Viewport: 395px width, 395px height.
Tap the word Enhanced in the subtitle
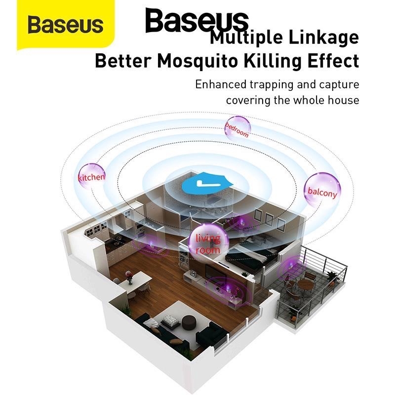point(222,84)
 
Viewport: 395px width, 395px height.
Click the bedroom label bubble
point(237,127)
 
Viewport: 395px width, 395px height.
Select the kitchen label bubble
point(91,177)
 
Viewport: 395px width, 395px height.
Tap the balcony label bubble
point(322,190)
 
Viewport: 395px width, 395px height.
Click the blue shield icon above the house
point(203,185)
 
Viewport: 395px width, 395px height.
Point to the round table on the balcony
point(306,285)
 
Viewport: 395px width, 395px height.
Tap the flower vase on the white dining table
point(129,278)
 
